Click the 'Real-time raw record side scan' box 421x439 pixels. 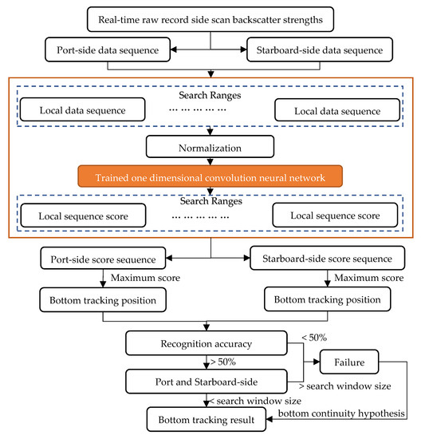210,18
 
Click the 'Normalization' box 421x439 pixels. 210,147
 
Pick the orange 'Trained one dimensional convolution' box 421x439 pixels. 210,176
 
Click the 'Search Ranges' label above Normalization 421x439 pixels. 210,95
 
